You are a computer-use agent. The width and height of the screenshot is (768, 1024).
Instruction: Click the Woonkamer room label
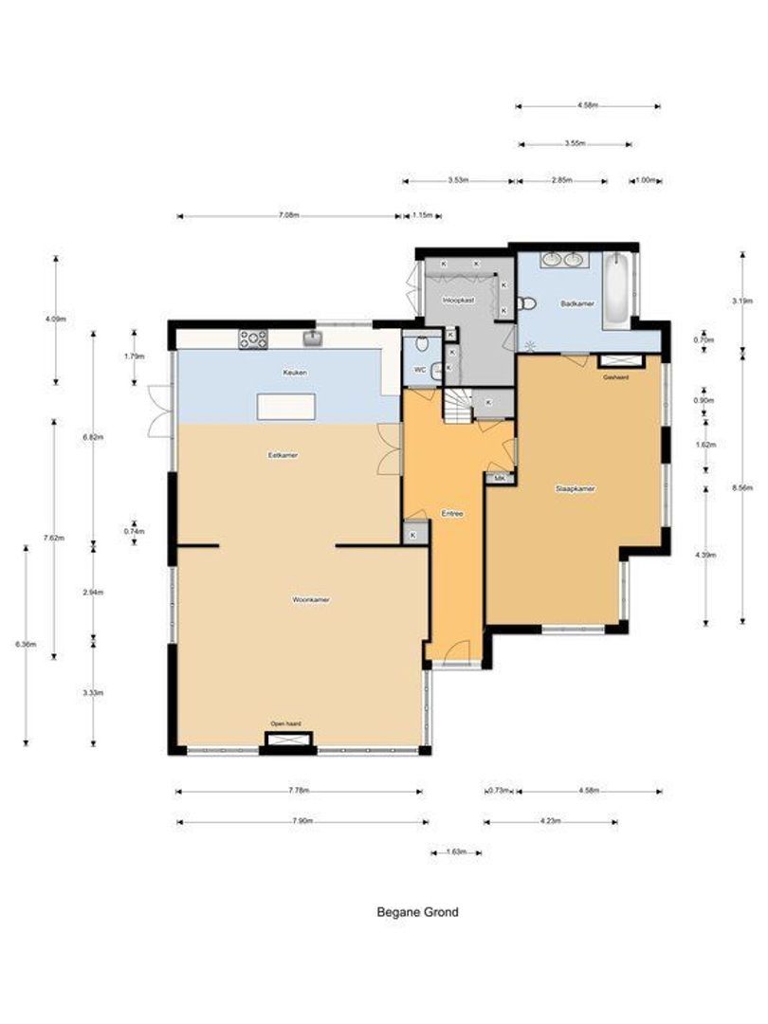coord(311,600)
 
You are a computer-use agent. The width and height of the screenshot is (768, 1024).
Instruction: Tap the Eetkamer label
coord(283,455)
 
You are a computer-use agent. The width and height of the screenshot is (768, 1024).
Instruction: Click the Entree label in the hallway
coord(452,513)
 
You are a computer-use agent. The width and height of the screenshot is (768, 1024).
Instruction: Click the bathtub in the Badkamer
coord(616,289)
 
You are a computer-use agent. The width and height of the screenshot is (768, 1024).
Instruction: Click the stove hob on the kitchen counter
coord(253,337)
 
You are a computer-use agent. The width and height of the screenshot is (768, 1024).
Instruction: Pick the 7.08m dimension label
coord(289,216)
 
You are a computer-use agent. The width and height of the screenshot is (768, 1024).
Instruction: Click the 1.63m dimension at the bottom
coord(456,852)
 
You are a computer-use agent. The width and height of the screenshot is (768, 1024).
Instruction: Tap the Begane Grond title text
coord(417,912)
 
